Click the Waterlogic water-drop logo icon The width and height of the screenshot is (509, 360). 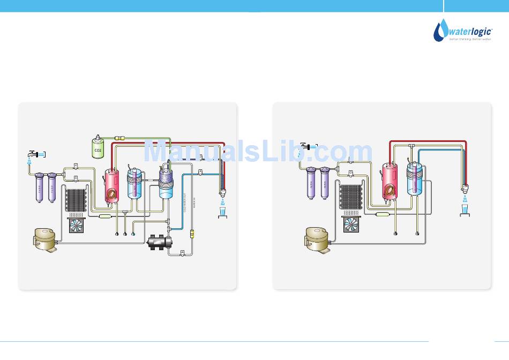tap(440, 31)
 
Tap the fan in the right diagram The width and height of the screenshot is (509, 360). tap(351, 226)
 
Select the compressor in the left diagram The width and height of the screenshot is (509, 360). tap(45, 239)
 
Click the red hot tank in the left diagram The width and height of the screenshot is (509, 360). tap(113, 185)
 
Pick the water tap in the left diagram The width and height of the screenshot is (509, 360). tap(32, 153)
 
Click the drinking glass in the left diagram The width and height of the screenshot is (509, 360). tap(222, 212)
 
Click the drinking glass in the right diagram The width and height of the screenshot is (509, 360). tap(465, 210)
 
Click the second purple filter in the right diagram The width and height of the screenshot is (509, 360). tap(324, 184)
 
